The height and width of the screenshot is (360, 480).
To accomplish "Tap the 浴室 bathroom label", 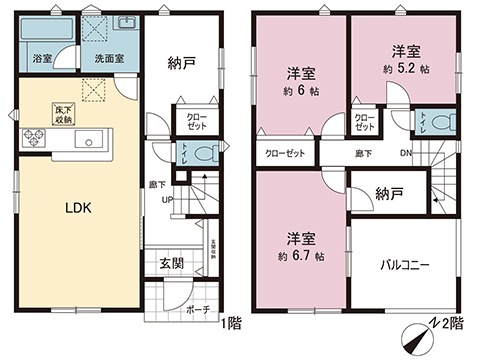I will tap(43, 59).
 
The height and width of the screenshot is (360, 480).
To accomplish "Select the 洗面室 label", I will tap(110, 59).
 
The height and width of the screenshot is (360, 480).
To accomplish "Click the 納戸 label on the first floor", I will tap(181, 62).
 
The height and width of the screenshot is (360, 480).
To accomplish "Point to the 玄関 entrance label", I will tap(171, 264).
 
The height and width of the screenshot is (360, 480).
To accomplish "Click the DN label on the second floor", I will tap(405, 154).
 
